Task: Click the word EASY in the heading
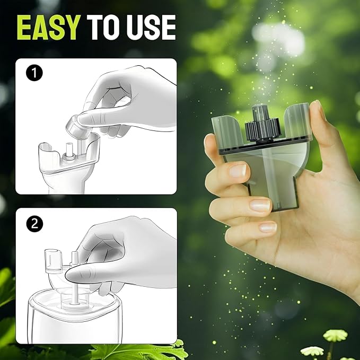49,28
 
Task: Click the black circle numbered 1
34,73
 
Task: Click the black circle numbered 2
34,223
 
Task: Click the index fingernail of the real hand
238,170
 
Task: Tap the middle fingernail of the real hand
260,205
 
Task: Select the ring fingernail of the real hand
268,227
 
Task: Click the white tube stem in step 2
75,295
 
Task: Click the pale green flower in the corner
335,336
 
